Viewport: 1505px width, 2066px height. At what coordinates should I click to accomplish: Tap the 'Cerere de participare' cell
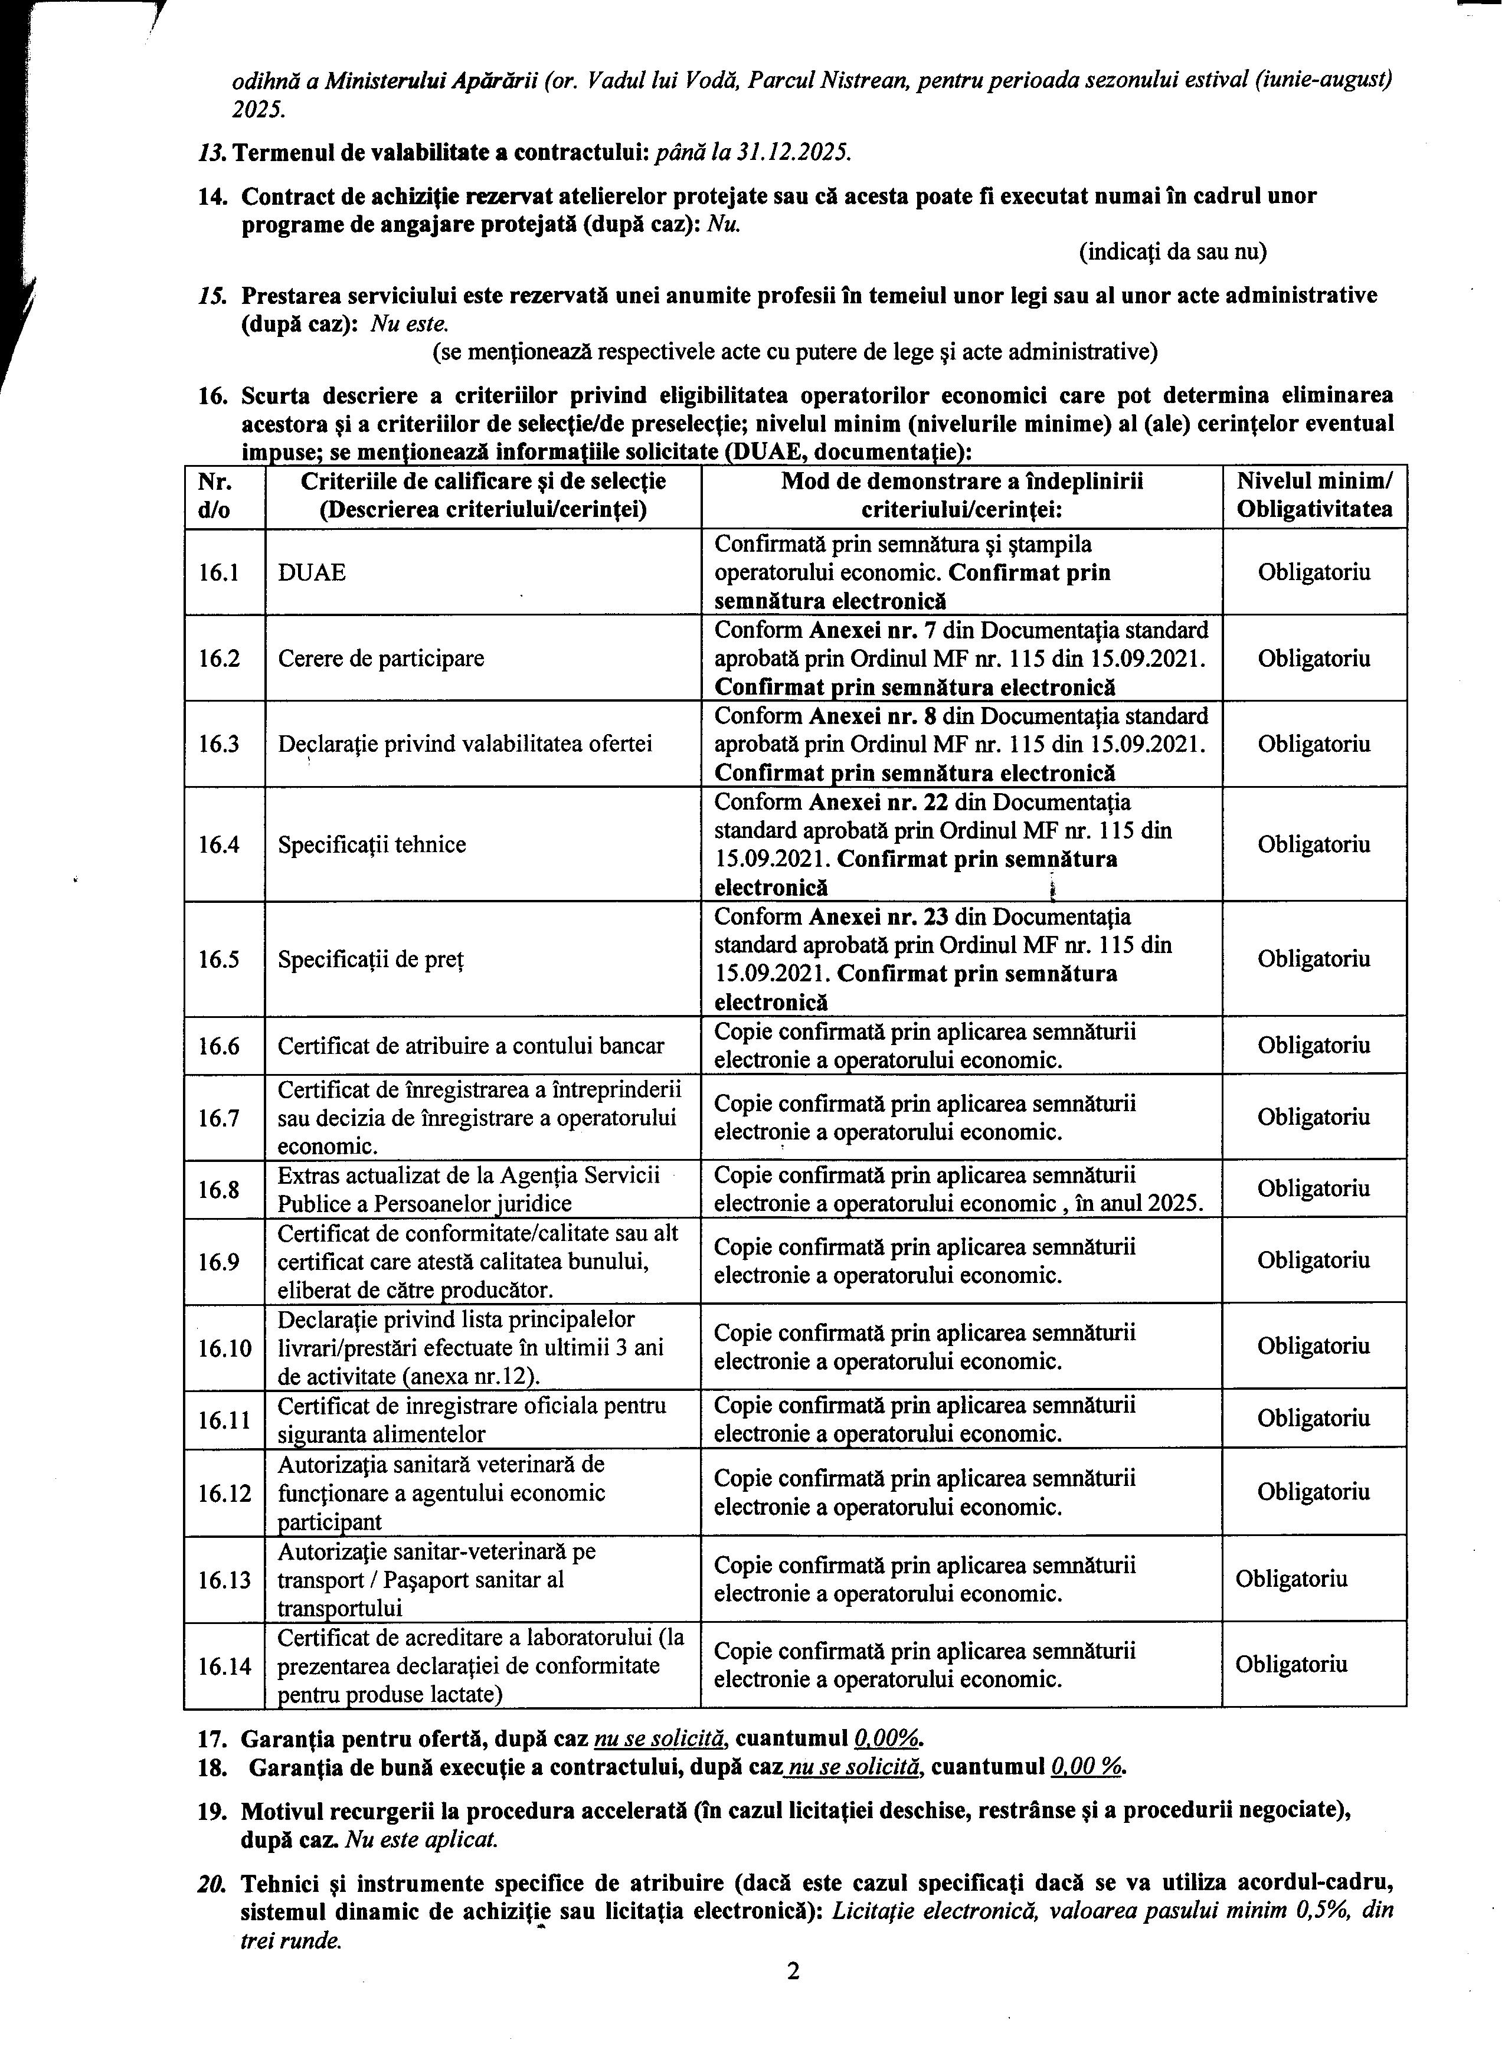click(381, 659)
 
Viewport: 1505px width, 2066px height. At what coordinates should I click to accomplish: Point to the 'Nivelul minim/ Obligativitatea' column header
click(1314, 496)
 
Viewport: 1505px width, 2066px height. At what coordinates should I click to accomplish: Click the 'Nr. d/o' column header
click(215, 496)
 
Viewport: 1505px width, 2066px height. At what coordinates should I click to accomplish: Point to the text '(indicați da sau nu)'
click(1173, 251)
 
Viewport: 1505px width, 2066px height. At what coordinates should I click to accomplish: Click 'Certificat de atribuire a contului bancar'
click(471, 1046)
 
